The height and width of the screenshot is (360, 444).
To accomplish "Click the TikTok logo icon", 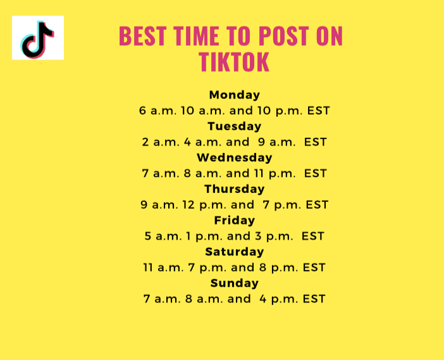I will pos(38,38).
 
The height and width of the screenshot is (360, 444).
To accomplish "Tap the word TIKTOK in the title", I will pos(234,62).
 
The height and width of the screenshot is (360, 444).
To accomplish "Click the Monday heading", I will pos(234,95).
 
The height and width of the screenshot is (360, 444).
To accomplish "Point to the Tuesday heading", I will pos(234,126).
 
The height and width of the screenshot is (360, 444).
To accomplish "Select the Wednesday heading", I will pos(234,158).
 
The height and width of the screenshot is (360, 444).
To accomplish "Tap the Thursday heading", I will pos(234,189).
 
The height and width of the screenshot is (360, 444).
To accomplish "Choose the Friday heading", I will pos(234,220).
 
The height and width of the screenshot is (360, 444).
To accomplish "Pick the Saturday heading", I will pos(234,252).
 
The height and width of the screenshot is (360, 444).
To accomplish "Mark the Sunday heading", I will pos(234,283).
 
